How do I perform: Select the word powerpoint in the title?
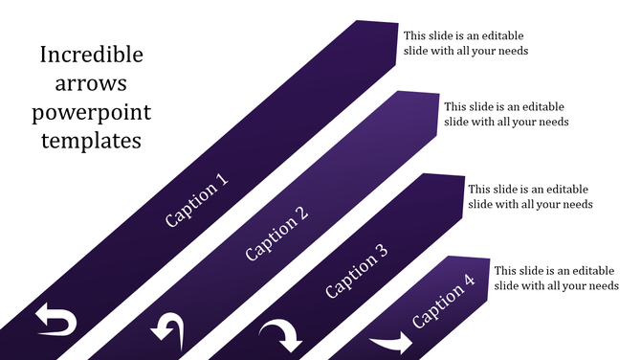tap(91, 113)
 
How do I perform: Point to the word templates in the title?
tap(91, 141)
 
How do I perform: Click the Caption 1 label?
tap(197, 200)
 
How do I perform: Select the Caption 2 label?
tap(276, 234)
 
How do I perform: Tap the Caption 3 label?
tap(356, 271)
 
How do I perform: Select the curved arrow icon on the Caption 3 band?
tap(281, 335)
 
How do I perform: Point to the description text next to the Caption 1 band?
tap(465, 42)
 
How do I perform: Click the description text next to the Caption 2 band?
tap(506, 114)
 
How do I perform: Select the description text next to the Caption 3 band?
tap(530, 196)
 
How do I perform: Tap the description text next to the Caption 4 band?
tap(556, 278)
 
